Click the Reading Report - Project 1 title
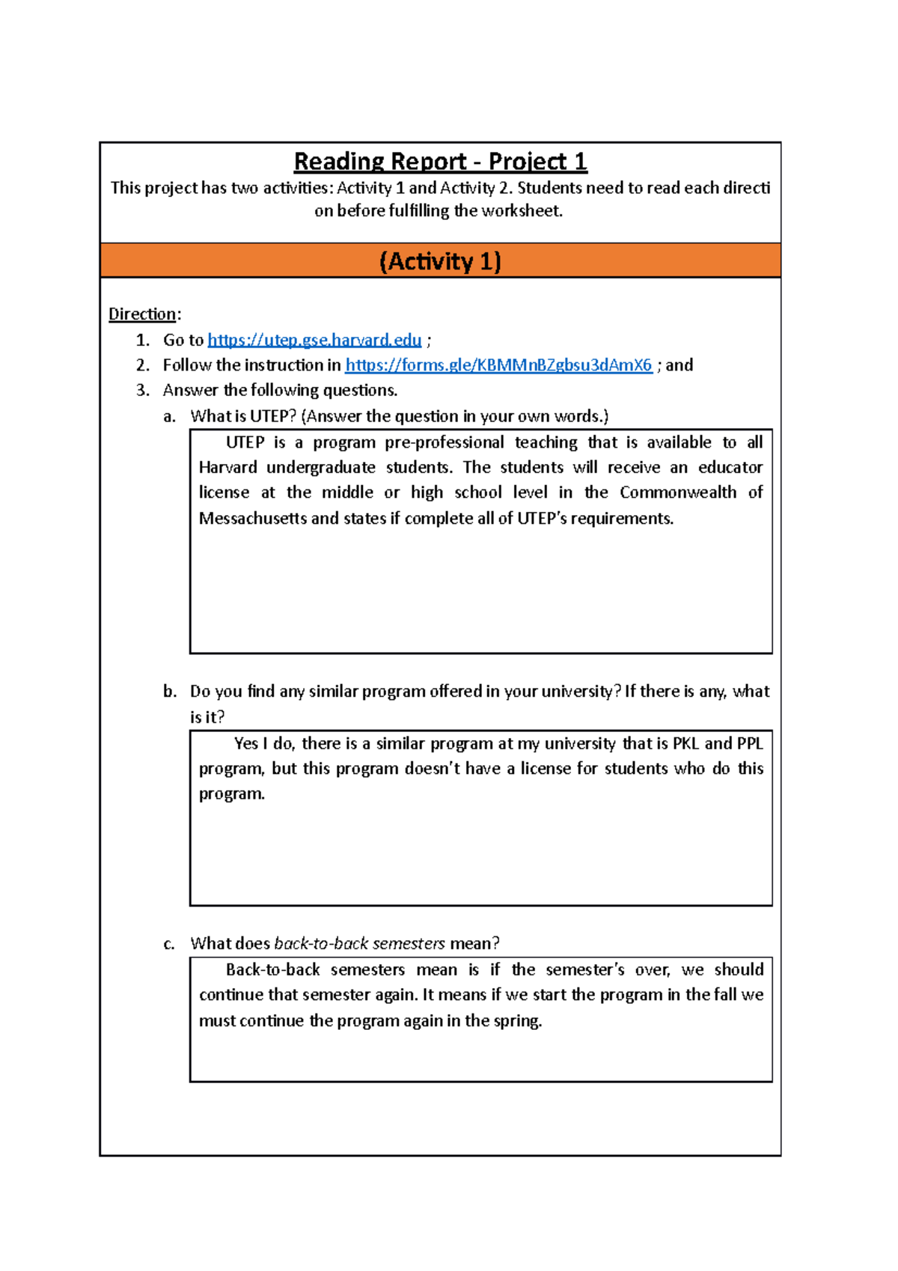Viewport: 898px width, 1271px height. [x=440, y=162]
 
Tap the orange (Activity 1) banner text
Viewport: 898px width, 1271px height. [x=440, y=261]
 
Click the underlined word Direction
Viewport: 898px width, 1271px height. [x=142, y=314]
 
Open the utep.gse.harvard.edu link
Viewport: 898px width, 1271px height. [x=314, y=340]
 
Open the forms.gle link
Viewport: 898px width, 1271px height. [x=498, y=365]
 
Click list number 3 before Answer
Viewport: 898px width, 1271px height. [x=143, y=390]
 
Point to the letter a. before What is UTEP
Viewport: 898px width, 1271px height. [x=169, y=416]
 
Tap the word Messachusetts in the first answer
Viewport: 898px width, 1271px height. [x=251, y=519]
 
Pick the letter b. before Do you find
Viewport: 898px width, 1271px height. [x=170, y=692]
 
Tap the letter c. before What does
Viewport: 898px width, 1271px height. [x=169, y=944]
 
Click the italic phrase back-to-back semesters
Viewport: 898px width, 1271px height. [x=359, y=944]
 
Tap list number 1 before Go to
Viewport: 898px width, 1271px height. [x=143, y=340]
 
